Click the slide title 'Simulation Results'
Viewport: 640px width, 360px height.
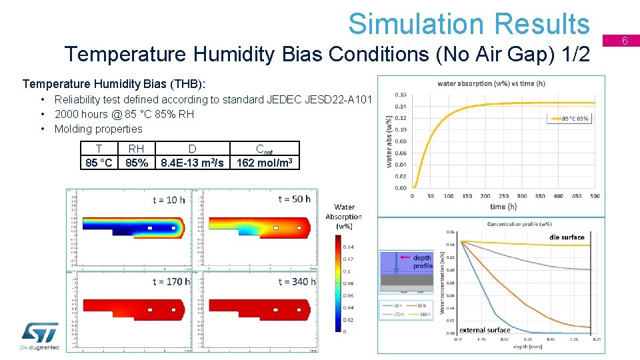469,24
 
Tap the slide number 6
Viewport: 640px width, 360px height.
625,41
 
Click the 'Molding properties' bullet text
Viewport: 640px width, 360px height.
98,129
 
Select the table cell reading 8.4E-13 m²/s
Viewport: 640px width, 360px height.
192,163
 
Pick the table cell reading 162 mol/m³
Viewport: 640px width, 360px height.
265,163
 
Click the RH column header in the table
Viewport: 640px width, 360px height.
136,149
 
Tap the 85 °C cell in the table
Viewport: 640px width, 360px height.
99,163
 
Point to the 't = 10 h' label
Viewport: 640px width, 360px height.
169,199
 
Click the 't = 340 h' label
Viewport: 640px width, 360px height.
297,282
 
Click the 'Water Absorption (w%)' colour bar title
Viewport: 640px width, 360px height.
344,217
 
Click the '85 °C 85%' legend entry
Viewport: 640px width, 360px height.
570,119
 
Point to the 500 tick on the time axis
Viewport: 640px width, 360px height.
595,196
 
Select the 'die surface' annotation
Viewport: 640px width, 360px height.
567,237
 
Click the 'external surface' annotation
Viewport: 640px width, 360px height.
485,330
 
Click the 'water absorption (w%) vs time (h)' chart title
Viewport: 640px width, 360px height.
491,84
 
